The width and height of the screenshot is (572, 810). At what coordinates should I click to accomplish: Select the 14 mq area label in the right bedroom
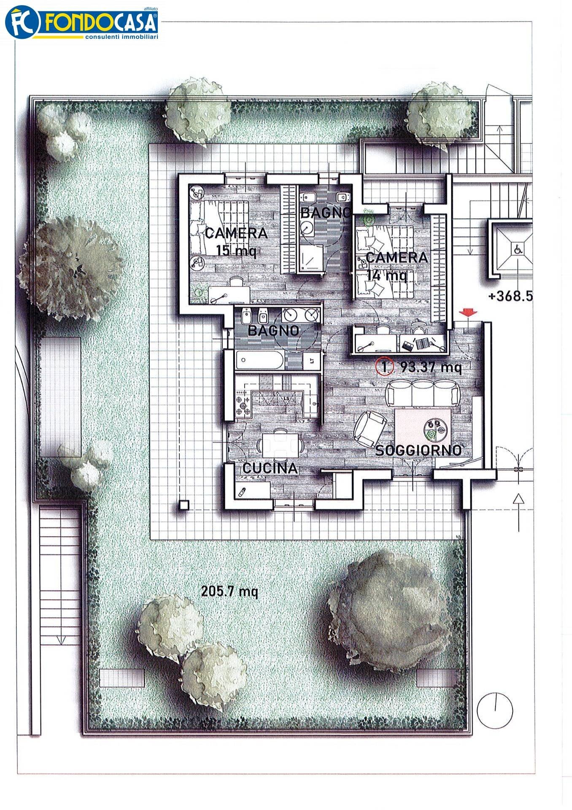click(387, 275)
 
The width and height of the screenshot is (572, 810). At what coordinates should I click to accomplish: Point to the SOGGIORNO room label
click(418, 451)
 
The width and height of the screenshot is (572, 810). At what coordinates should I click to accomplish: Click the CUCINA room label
click(270, 468)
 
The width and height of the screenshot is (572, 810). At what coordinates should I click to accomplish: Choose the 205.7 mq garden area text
click(229, 591)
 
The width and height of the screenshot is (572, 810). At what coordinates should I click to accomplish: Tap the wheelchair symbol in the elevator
click(517, 249)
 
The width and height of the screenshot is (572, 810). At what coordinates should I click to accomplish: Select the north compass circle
click(495, 710)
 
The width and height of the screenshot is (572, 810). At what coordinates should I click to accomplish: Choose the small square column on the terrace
click(183, 505)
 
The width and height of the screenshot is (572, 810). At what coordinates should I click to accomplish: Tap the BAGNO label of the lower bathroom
click(273, 330)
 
